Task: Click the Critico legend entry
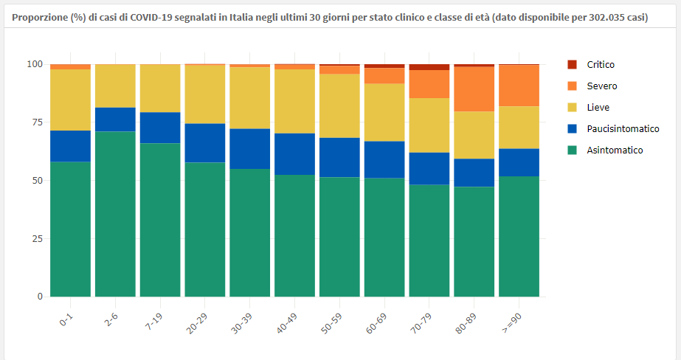[600, 65]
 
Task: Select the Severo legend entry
[601, 86]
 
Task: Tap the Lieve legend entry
[598, 108]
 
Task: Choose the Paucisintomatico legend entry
[622, 129]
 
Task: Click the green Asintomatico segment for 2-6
[115, 214]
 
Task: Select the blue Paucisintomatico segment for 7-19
[160, 128]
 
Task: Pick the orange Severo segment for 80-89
[474, 89]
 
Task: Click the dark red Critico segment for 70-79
[429, 67]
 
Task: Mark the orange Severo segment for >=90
[519, 86]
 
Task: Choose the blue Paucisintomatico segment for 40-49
[294, 154]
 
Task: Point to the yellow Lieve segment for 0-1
[70, 100]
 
